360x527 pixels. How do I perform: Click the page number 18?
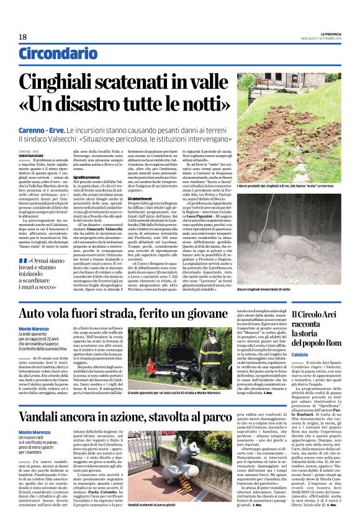(22, 37)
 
